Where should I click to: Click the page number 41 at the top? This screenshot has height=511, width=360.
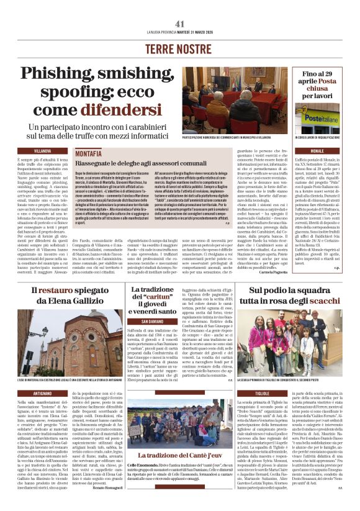coord(180,24)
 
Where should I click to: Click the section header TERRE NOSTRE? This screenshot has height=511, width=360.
coord(180,48)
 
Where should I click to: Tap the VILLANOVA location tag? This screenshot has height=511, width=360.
coord(43,151)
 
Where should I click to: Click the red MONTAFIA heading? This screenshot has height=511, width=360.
coord(88,153)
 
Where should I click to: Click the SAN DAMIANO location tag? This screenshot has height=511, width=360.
coord(151,322)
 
